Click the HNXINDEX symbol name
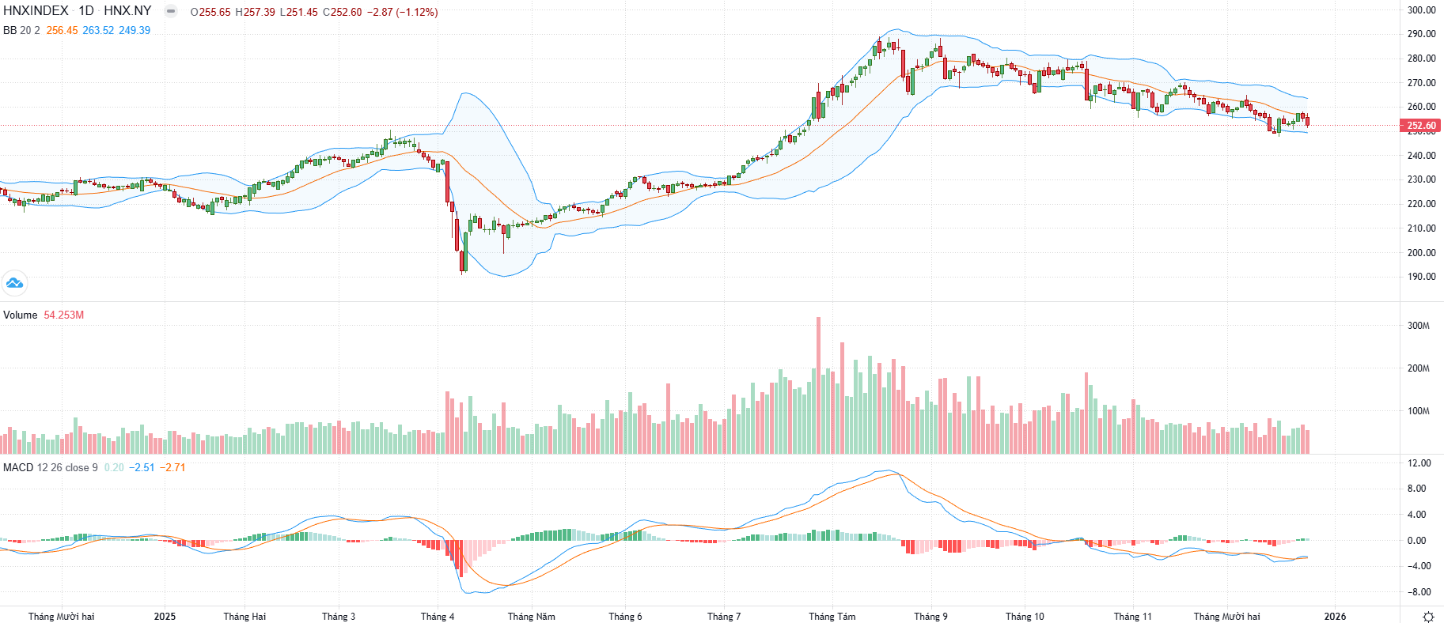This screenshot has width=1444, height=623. (x=36, y=11)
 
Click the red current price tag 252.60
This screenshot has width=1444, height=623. (x=1421, y=125)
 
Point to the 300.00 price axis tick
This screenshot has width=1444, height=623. (x=1421, y=10)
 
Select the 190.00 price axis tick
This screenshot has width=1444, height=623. (x=1421, y=277)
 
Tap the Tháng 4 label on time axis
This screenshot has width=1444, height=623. (x=438, y=617)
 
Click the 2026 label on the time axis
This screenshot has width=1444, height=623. (x=1335, y=617)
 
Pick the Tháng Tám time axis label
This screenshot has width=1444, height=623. (x=832, y=617)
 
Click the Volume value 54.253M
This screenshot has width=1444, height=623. (x=63, y=315)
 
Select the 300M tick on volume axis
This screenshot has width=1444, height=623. (x=1418, y=326)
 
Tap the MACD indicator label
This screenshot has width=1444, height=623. (x=18, y=467)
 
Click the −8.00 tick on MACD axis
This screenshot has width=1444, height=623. (x=1418, y=592)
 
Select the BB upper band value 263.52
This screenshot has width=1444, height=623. (x=98, y=30)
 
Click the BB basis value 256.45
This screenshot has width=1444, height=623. (x=62, y=30)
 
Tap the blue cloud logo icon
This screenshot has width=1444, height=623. (x=14, y=282)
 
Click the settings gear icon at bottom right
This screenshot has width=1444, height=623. (x=1428, y=617)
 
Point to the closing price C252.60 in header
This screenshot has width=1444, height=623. (x=342, y=12)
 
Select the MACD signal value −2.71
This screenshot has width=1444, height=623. (x=172, y=467)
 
